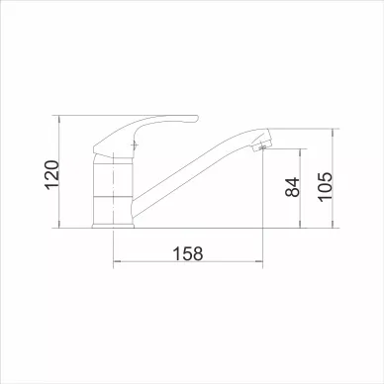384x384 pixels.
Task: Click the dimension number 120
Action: point(51,175)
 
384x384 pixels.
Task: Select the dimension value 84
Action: point(292,187)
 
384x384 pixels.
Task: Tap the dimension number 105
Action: point(326,187)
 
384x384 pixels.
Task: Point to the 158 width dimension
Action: point(188,253)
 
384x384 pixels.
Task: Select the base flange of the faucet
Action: point(113,226)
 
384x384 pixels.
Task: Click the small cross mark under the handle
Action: point(135,145)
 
